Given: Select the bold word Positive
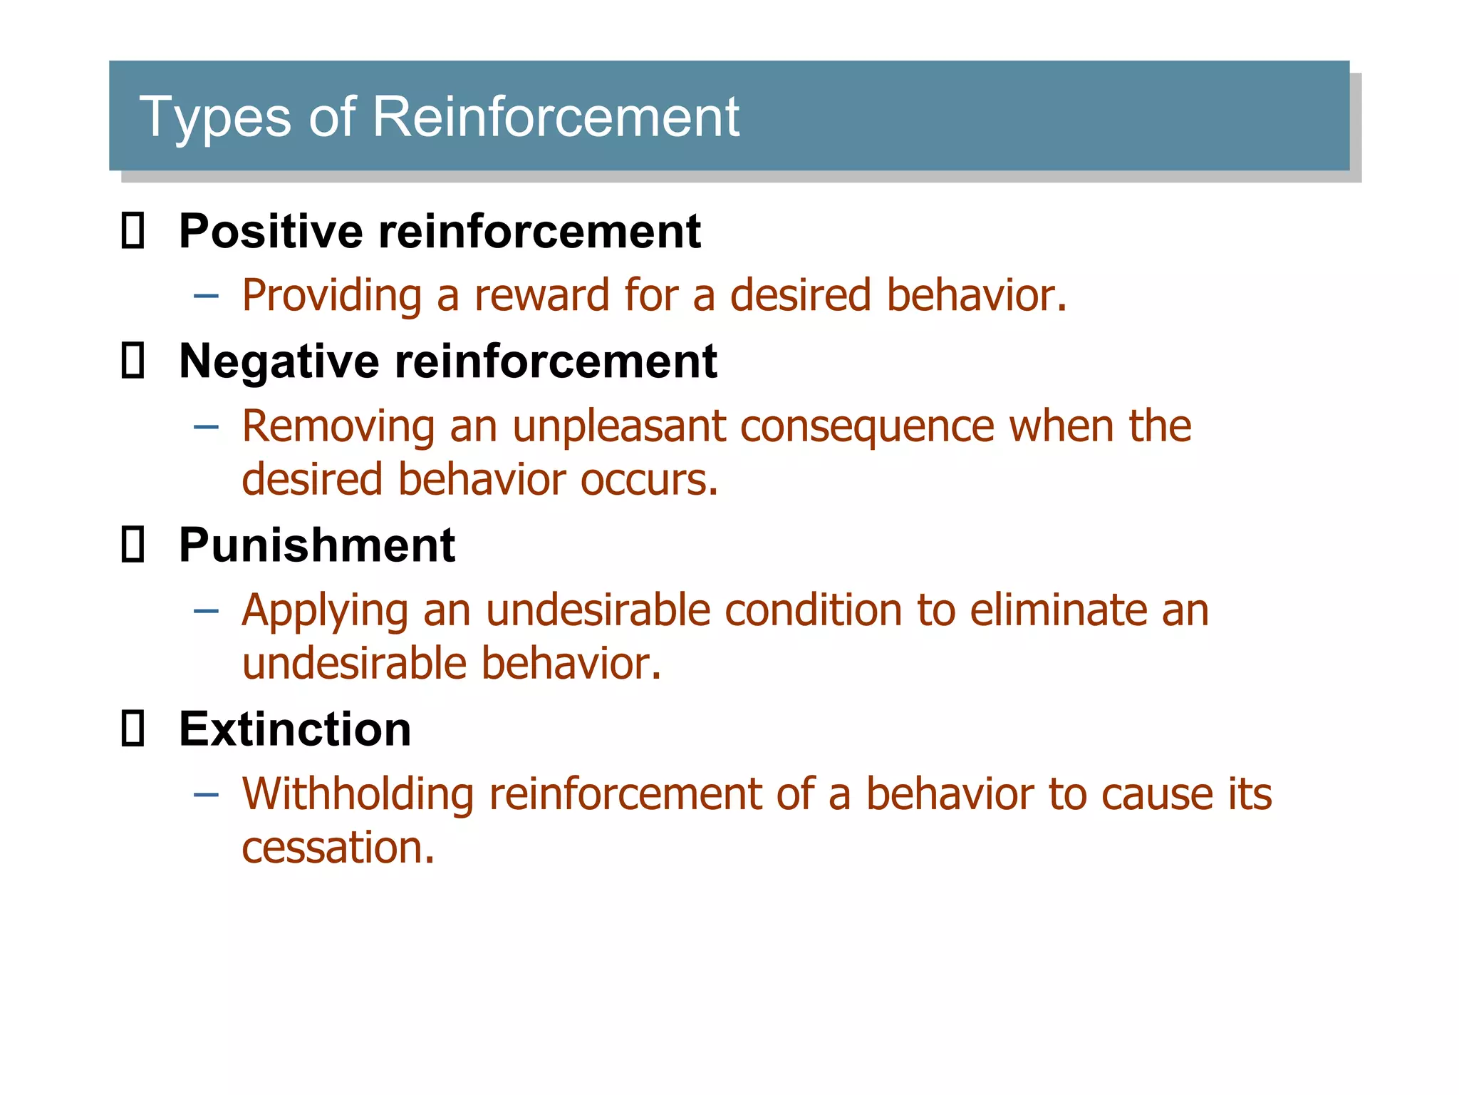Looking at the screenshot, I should tap(271, 232).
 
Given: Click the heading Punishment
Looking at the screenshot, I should tap(316, 545).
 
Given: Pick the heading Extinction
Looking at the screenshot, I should tap(295, 729).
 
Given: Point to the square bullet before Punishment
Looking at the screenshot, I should tap(133, 545).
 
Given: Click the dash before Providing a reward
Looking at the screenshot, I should tap(206, 296).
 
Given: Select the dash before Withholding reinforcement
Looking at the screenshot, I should tap(206, 794).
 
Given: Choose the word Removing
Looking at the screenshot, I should tap(338, 426).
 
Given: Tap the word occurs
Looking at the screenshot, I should tap(648, 480).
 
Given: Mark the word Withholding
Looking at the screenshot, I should tap(358, 794).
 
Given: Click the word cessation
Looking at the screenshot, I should tap(338, 848).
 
